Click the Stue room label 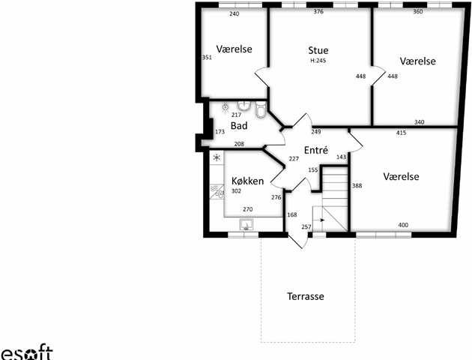(318, 50)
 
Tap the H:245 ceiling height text (318, 61)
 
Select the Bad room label (239, 125)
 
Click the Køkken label (247, 181)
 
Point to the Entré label (315, 150)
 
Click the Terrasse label (306, 296)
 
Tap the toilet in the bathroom (261, 109)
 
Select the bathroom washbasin (244, 106)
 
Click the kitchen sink (246, 224)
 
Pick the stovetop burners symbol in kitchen (220, 193)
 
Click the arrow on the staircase (322, 220)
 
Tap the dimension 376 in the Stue (318, 12)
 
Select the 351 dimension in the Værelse (207, 57)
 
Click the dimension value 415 (401, 133)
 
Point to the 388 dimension (357, 185)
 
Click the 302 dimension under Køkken (236, 190)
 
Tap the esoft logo (26, 352)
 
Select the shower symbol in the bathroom (226, 107)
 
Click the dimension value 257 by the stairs (306, 226)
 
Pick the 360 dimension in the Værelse (418, 12)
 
